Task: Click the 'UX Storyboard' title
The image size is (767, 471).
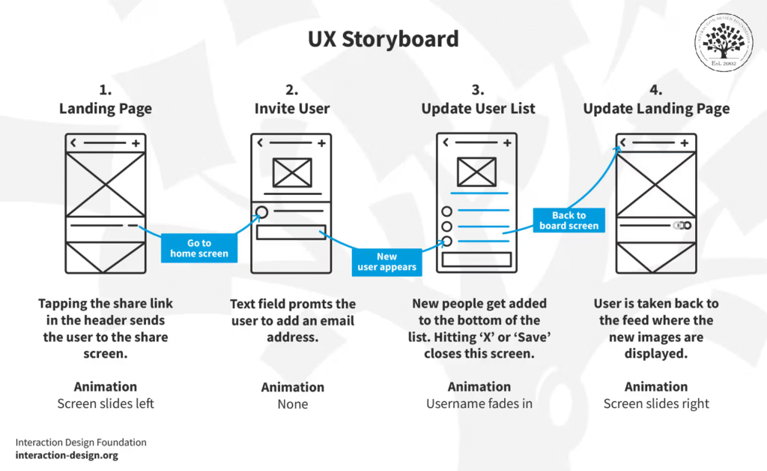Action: point(383,39)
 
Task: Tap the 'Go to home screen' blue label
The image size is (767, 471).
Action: point(198,248)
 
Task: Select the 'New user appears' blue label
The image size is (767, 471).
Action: point(386,262)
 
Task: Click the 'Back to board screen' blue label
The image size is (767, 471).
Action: point(569,220)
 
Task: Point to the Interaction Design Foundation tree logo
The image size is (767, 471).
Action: point(724,42)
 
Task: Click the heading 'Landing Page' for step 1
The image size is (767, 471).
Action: point(106,109)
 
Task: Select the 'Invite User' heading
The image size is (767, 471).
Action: point(292,109)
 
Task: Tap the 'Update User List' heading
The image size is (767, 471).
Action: point(478,109)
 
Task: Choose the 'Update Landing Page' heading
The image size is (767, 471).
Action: point(656,109)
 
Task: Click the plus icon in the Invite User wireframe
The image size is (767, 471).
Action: point(321,143)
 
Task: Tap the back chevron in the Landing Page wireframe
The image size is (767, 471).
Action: point(73,142)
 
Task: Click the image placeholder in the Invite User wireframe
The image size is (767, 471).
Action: point(292,172)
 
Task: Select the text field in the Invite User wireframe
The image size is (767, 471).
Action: point(291,232)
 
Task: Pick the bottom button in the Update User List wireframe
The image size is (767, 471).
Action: point(476,259)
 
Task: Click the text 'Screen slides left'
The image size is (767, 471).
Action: point(106,403)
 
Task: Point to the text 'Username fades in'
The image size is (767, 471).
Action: point(479,403)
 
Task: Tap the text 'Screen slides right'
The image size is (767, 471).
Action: point(656,403)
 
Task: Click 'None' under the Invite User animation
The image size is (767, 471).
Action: point(292,404)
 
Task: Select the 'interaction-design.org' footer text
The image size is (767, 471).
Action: point(67,455)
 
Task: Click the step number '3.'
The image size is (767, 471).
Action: point(478,90)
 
